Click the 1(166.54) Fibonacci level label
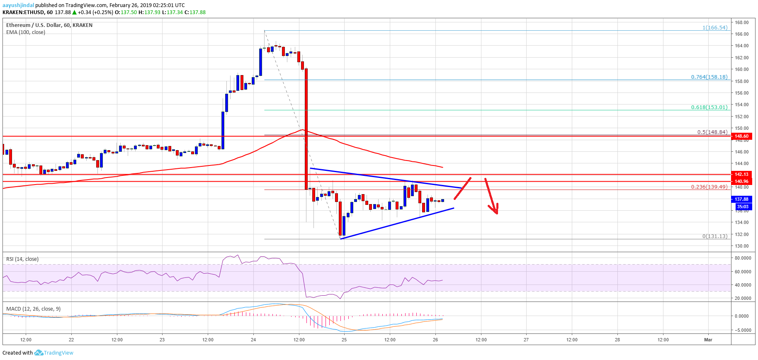click(x=714, y=28)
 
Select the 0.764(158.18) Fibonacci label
click(x=709, y=77)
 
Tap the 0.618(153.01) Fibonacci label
click(x=709, y=107)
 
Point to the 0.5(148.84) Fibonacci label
click(x=712, y=132)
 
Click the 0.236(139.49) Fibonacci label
click(x=709, y=187)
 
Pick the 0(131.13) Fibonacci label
click(x=714, y=236)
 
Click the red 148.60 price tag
click(x=741, y=136)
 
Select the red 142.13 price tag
click(x=741, y=174)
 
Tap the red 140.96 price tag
click(x=741, y=181)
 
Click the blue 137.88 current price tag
click(x=741, y=199)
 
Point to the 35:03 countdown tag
click(x=742, y=207)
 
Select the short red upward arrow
click(x=463, y=188)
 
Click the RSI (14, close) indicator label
click(x=22, y=259)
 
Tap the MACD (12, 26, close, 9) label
click(x=33, y=309)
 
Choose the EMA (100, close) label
click(x=26, y=32)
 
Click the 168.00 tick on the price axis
click(x=742, y=22)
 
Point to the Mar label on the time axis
click(x=708, y=340)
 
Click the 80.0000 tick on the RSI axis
click(x=743, y=258)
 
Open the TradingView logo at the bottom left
click(x=54, y=353)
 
